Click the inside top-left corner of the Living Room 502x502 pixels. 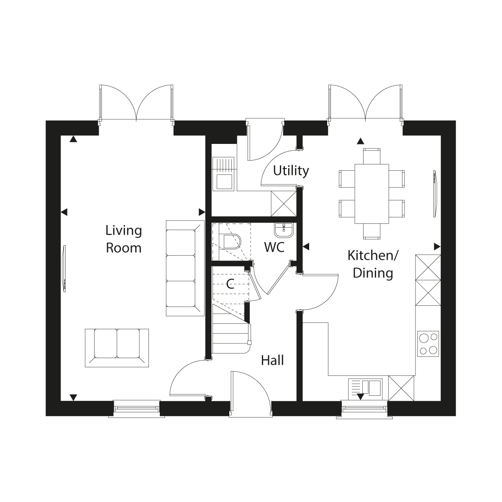61,136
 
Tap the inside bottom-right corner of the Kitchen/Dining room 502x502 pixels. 441,401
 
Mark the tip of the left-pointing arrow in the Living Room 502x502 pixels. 61,212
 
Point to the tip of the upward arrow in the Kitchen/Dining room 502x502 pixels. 361,138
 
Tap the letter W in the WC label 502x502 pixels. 270,247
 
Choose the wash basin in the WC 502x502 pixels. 284,230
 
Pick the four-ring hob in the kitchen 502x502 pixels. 428,343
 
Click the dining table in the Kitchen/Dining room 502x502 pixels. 372,194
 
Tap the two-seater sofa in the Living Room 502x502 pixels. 117,348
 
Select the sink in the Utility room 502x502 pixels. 223,174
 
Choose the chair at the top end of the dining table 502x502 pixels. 372,156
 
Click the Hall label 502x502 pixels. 272,361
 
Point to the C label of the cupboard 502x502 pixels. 230,284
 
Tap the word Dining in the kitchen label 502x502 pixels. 373,274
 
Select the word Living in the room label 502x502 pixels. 124,231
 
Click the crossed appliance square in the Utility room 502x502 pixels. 284,204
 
